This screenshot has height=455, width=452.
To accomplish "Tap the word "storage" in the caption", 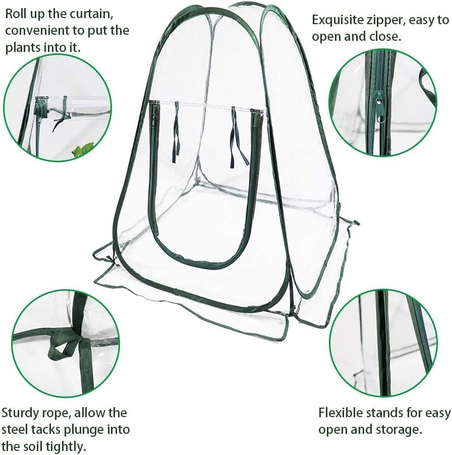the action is pyautogui.click(x=400, y=430).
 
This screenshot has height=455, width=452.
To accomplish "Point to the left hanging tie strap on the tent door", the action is pyautogui.click(x=176, y=133).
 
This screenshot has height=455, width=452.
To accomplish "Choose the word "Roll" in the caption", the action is pyautogui.click(x=16, y=14).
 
